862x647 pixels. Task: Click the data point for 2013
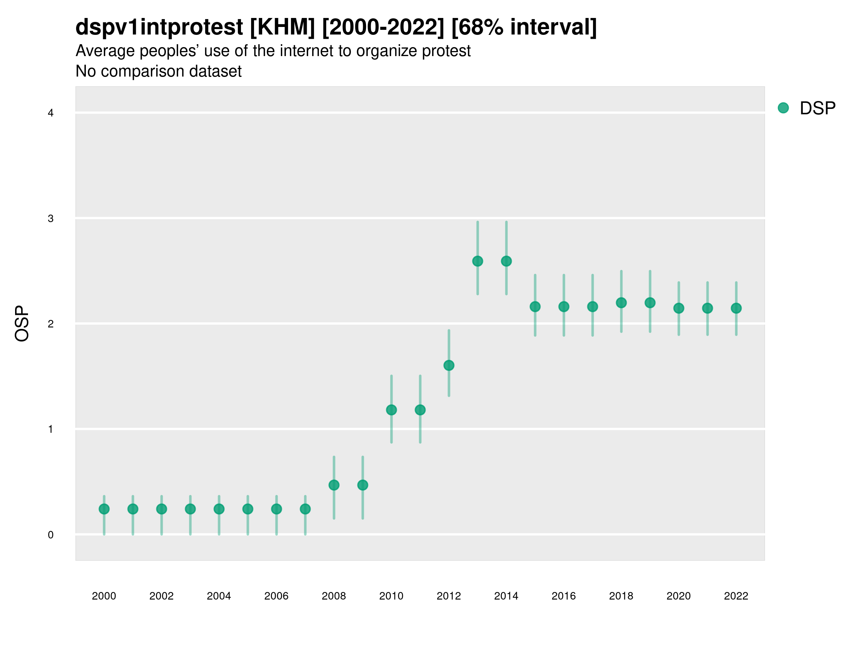pyautogui.click(x=477, y=261)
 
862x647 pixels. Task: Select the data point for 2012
pyautogui.click(x=449, y=366)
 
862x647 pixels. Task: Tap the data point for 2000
pyautogui.click(x=104, y=509)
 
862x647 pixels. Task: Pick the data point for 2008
pyautogui.click(x=334, y=485)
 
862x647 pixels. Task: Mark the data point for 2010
pyautogui.click(x=391, y=410)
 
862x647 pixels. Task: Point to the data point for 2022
pyautogui.click(x=736, y=308)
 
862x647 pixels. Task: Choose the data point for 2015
pyautogui.click(x=535, y=307)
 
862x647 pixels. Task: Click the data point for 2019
pyautogui.click(x=650, y=303)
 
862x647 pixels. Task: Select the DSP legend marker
pyautogui.click(x=783, y=108)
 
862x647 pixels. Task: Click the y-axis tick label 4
pyautogui.click(x=51, y=113)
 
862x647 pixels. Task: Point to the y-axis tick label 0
pyautogui.click(x=51, y=535)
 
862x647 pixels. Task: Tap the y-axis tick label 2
pyautogui.click(x=51, y=324)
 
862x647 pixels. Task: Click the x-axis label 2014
pyautogui.click(x=506, y=596)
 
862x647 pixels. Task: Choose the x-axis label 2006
pyautogui.click(x=276, y=596)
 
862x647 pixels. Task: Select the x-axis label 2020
pyautogui.click(x=678, y=596)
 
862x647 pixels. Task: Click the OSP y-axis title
pyautogui.click(x=22, y=324)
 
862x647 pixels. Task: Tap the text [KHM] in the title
pyautogui.click(x=282, y=27)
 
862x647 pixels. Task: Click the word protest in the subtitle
pyautogui.click(x=446, y=51)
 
